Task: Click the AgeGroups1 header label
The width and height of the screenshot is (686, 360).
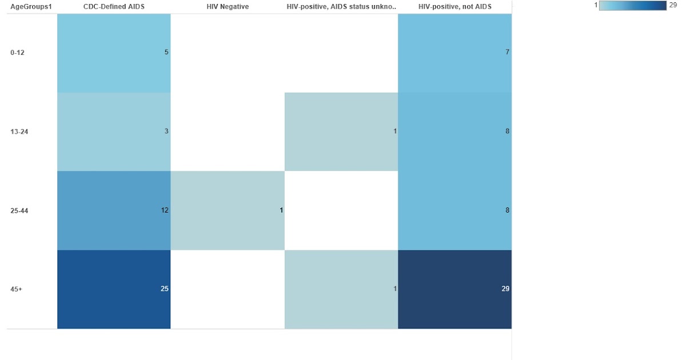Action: [x=28, y=7]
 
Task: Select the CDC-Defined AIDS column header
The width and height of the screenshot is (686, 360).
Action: [x=114, y=7]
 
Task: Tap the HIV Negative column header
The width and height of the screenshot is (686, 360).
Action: [x=228, y=7]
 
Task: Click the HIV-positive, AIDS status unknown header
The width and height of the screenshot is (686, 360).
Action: [x=341, y=7]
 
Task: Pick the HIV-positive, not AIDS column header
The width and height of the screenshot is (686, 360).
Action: [x=454, y=7]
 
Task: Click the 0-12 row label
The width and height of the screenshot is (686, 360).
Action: [x=18, y=53]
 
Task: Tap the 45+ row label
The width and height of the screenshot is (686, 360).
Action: [x=16, y=290]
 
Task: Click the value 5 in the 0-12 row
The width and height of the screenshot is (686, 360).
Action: [x=166, y=52]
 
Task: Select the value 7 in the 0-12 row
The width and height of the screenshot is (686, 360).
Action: [x=507, y=52]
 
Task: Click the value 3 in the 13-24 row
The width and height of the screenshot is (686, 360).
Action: [x=166, y=131]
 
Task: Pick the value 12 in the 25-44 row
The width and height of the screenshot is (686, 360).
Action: [x=164, y=210]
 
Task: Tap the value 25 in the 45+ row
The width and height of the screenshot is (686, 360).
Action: [x=164, y=289]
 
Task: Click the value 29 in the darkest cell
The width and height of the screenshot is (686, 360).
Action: [x=505, y=289]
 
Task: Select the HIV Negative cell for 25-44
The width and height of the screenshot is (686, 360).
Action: [x=228, y=210]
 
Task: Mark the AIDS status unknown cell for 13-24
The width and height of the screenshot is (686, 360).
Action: [x=341, y=131]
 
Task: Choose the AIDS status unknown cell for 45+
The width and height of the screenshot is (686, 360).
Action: [x=341, y=289]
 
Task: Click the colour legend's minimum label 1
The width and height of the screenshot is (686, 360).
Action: [x=596, y=5]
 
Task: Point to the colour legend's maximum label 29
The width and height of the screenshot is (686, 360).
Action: [x=673, y=5]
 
